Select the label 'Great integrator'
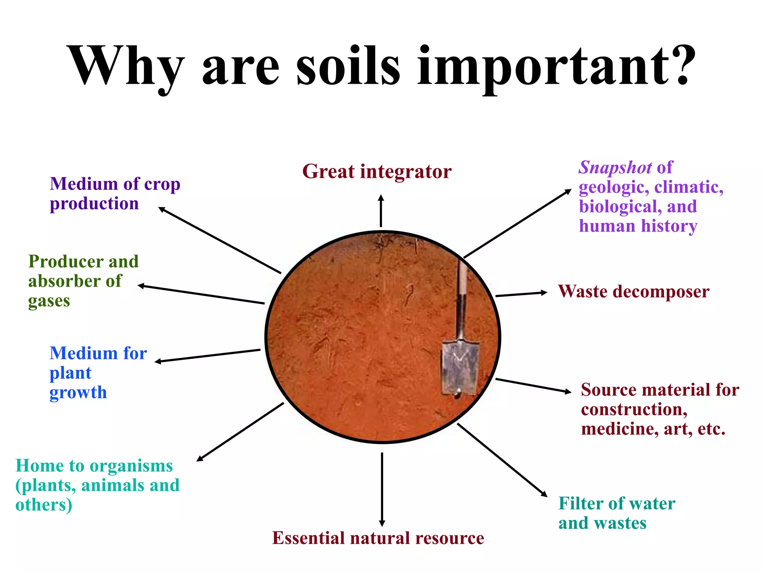(377, 172)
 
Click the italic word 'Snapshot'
(615, 167)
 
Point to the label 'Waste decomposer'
(633, 291)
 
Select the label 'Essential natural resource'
(378, 538)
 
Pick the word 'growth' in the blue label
(78, 393)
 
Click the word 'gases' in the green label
(49, 301)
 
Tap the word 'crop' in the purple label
(162, 184)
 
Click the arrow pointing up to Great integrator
(381, 211)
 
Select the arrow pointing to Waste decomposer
(521, 294)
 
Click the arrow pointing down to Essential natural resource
(382, 489)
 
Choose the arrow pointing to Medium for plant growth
(207, 356)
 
